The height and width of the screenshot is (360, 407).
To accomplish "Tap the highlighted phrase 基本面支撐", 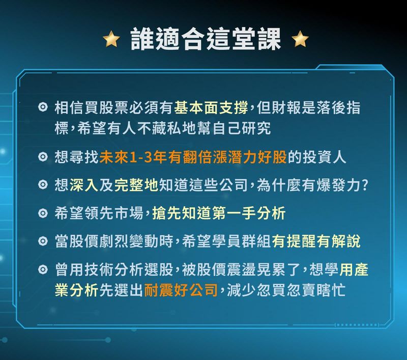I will point(211,108).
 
